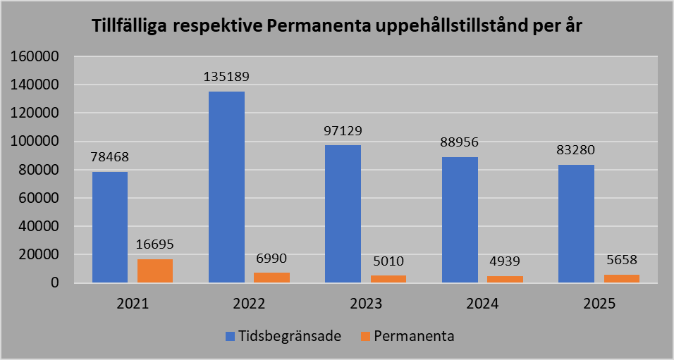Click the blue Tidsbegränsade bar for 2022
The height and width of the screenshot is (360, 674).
pos(226,187)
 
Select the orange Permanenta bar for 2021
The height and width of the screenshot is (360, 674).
pos(155,271)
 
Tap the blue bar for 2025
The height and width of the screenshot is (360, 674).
pos(576,223)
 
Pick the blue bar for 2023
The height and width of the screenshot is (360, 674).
pos(343,213)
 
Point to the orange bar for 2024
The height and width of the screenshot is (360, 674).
pos(505,279)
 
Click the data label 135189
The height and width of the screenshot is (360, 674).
pos(226,76)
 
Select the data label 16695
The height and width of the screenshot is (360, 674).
pos(155,244)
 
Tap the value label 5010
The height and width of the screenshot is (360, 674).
pos(388,261)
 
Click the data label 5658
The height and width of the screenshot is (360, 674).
pos(622,260)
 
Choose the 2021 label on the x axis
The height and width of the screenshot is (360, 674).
pos(133,304)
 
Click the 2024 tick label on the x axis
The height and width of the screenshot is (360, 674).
pos(482,304)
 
